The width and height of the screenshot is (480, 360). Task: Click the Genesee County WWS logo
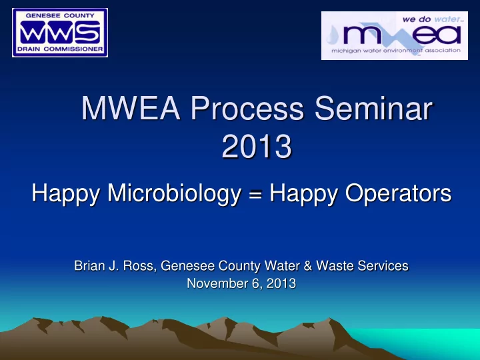(60, 33)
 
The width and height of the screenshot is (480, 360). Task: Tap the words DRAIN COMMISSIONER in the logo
(60, 49)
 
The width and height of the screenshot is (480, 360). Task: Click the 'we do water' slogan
(431, 19)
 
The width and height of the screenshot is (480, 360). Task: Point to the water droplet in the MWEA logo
(333, 35)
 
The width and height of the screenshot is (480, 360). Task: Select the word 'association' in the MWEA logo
(443, 50)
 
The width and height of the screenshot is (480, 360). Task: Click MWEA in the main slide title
(131, 108)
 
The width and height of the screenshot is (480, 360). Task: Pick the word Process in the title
(247, 108)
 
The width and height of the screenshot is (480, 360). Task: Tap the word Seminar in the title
(373, 108)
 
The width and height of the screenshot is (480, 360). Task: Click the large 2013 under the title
(257, 146)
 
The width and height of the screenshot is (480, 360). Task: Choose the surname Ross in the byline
(139, 266)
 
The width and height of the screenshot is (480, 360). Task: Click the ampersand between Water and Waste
(308, 266)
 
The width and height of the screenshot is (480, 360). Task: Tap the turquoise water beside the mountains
(429, 343)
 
